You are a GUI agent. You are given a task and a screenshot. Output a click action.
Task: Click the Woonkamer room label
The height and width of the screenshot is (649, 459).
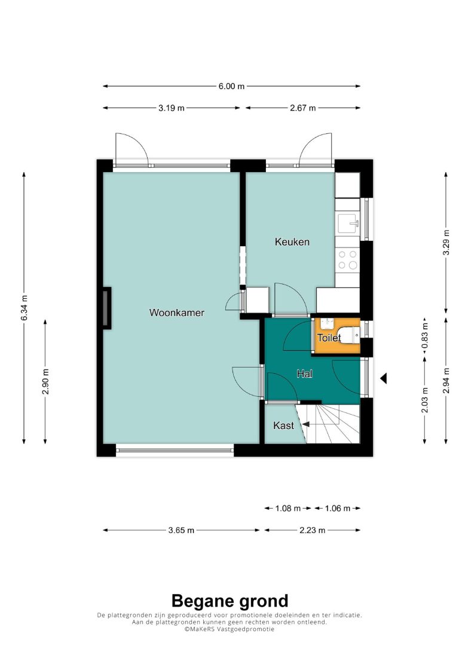tap(177, 313)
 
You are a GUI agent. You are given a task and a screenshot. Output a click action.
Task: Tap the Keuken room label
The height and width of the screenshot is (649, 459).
tap(292, 241)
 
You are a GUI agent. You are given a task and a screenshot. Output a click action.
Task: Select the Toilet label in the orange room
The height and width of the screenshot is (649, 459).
tap(329, 338)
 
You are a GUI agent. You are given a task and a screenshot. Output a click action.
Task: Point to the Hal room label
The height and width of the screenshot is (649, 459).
tap(305, 374)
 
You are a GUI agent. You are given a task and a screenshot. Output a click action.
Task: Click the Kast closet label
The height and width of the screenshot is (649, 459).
tap(283, 425)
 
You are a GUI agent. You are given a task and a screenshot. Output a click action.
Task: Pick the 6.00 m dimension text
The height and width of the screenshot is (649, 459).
tap(232, 86)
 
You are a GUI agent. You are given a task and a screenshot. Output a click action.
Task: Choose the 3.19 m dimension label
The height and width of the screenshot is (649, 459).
tap(172, 108)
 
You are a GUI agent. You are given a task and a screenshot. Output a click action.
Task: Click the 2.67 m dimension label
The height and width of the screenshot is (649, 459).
tap(303, 108)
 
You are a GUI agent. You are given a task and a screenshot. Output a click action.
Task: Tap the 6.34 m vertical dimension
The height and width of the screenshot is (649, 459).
tap(25, 308)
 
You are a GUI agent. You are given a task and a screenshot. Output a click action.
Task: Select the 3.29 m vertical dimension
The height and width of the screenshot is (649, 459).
tap(446, 243)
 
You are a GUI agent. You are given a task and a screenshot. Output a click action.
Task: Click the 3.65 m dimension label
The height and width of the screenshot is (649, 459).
tap(181, 530)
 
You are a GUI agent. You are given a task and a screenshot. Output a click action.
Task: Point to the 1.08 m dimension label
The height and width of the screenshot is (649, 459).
tap(288, 509)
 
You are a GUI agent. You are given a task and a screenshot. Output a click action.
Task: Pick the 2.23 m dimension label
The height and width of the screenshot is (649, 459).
tap(313, 530)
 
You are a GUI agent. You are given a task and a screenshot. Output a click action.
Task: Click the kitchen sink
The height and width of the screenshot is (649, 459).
tap(348, 224)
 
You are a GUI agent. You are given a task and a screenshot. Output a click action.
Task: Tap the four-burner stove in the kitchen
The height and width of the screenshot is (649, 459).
tap(348, 260)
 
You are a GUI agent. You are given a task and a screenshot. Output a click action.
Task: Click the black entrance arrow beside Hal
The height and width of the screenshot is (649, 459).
tap(384, 378)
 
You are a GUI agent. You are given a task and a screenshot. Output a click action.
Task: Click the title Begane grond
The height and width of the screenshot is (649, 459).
tap(229, 601)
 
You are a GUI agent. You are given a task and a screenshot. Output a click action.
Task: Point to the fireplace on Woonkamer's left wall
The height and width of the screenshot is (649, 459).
tap(107, 308)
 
